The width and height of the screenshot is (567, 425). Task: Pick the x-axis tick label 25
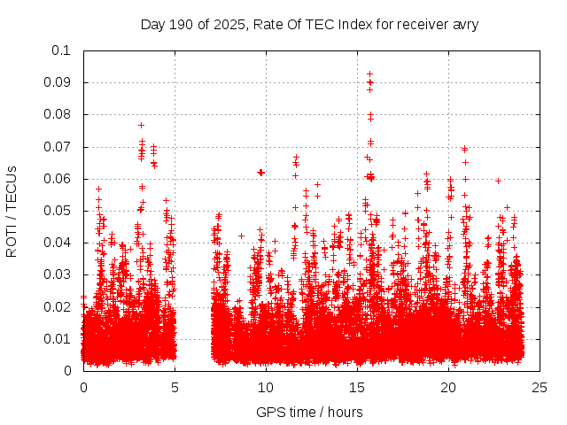coord(540,387)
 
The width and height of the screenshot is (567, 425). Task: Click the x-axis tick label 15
coord(357,387)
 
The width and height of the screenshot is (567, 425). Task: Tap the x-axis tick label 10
coord(266,387)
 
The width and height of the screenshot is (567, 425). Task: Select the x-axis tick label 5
coord(175,387)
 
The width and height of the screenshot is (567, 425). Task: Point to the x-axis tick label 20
coord(448,387)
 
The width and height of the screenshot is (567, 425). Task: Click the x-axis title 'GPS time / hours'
coord(311,412)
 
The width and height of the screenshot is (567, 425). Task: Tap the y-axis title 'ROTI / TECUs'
coord(12,211)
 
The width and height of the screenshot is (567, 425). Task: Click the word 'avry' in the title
coord(464,24)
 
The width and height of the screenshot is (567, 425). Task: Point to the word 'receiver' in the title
coord(419,24)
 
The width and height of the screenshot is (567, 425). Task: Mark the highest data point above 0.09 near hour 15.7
coord(370,73)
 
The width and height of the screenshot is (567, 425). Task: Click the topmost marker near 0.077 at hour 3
coord(141,125)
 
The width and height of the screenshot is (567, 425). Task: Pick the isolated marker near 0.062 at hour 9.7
coord(260,172)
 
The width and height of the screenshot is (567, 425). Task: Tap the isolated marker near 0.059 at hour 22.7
coord(499,181)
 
